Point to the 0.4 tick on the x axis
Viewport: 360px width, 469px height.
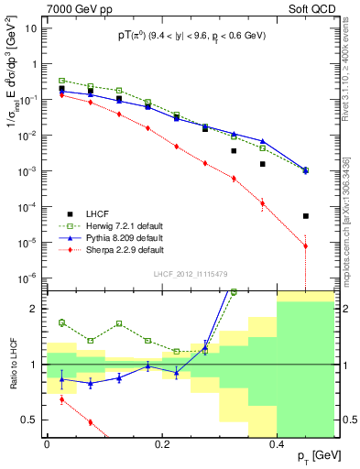click(x=277, y=442)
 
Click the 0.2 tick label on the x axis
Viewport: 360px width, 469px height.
click(x=162, y=442)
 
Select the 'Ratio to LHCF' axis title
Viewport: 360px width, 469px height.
click(x=11, y=365)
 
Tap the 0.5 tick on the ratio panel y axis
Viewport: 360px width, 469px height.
click(x=34, y=420)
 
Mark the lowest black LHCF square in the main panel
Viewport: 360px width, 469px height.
click(x=306, y=216)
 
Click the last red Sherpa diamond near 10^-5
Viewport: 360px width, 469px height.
click(x=306, y=246)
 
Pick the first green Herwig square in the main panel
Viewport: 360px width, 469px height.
click(x=61, y=81)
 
